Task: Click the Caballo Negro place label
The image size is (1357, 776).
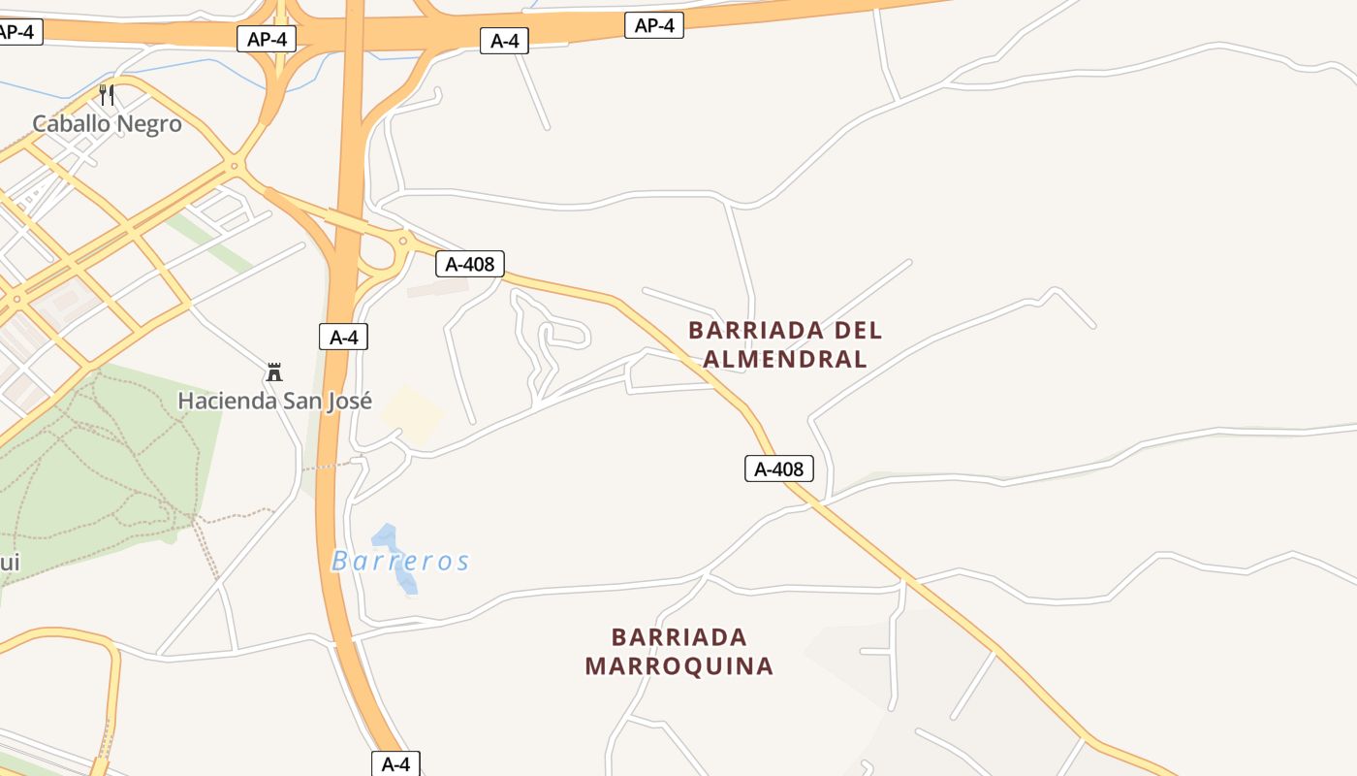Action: (x=107, y=124)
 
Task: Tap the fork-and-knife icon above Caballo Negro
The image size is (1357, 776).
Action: (x=107, y=95)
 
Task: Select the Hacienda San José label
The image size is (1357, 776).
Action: (x=274, y=401)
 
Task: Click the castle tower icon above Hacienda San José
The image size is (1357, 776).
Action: (x=274, y=372)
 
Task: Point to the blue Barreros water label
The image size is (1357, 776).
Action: (x=400, y=561)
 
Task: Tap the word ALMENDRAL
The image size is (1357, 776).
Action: (x=784, y=359)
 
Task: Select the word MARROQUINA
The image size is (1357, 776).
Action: (x=678, y=666)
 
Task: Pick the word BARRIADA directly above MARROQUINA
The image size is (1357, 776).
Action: (x=678, y=637)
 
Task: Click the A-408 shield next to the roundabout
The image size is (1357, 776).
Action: (x=470, y=264)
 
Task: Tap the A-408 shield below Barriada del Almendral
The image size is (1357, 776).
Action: (x=779, y=469)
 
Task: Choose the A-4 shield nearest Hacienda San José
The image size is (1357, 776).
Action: (x=343, y=338)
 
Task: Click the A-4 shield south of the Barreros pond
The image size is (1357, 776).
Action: (x=395, y=763)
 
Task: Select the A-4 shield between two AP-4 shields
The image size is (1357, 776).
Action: (x=504, y=41)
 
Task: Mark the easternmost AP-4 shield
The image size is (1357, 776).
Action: (x=654, y=26)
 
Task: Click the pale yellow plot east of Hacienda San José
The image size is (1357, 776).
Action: (x=412, y=415)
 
